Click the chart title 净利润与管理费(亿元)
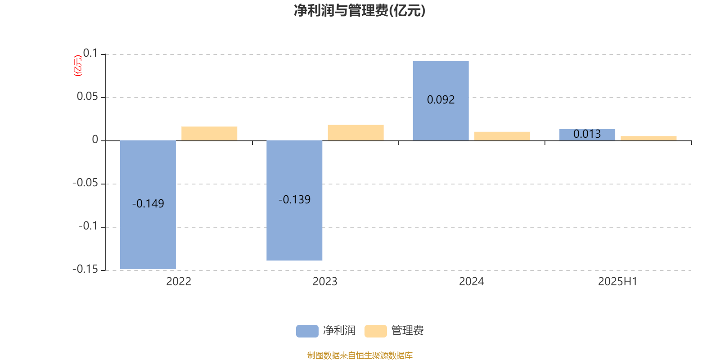point(360,11)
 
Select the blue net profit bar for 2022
point(148,205)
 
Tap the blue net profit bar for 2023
point(294,201)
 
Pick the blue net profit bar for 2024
point(441,101)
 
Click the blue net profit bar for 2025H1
point(587,135)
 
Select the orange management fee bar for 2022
point(209,134)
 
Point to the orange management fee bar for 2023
point(356,133)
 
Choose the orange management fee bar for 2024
point(502,136)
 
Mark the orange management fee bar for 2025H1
point(648,139)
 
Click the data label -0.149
point(148,203)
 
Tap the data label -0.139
point(294,200)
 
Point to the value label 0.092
point(441,99)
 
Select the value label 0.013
point(587,134)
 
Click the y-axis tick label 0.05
point(87,96)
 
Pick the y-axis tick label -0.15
point(85,269)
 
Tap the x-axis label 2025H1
point(617,282)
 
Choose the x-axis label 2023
point(325,282)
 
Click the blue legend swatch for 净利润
point(307,331)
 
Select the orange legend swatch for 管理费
point(375,331)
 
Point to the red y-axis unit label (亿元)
point(78,66)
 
